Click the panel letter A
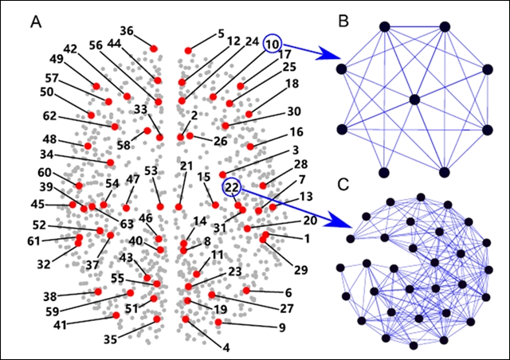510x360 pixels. tap(36, 22)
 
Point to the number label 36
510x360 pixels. tap(127, 31)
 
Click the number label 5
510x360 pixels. tap(221, 34)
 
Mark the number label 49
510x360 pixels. tap(57, 59)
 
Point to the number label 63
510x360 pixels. tap(127, 224)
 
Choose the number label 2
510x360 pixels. tap(194, 115)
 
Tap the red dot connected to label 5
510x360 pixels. tap(189, 50)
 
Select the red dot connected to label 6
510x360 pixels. tap(246, 290)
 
